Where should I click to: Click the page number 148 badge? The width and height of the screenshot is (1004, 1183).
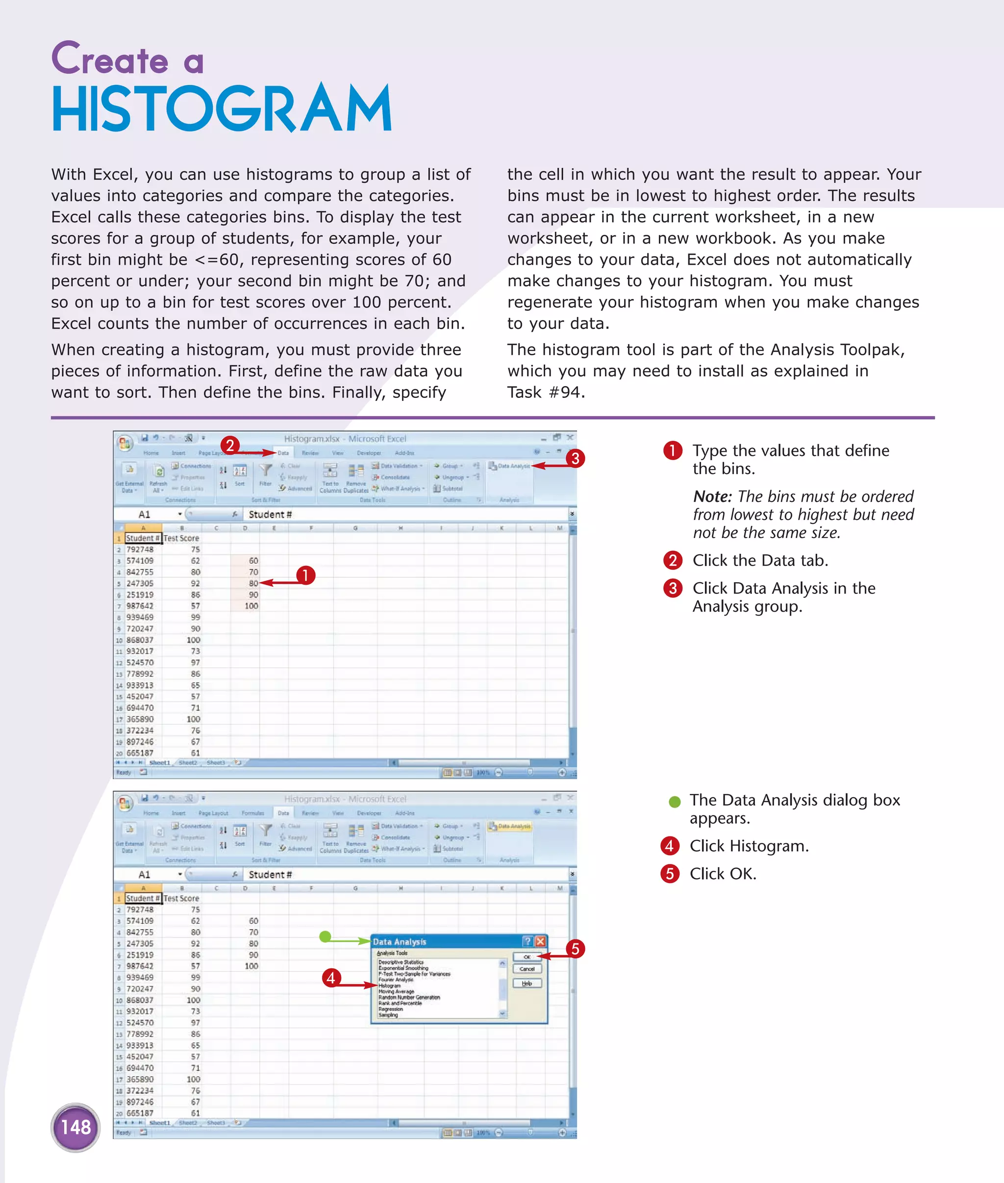[x=75, y=1127]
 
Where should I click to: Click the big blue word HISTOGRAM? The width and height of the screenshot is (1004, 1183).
[x=222, y=109]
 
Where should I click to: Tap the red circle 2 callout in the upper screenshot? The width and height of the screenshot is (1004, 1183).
[x=229, y=445]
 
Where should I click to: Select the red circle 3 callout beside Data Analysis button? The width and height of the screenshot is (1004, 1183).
[x=576, y=458]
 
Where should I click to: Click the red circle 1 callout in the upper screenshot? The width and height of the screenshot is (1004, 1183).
[x=305, y=575]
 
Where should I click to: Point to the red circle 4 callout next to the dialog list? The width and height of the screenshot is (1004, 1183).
[x=331, y=978]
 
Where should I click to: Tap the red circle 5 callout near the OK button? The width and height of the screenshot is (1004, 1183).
[x=575, y=949]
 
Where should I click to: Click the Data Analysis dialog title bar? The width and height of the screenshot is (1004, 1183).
[x=444, y=942]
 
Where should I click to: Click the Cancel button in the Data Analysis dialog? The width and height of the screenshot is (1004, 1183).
[x=527, y=969]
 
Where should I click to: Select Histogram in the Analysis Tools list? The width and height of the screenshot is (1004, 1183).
[x=390, y=986]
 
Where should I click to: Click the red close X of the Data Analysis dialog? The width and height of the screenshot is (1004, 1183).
[x=540, y=941]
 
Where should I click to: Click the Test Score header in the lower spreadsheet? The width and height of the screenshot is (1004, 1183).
[x=181, y=898]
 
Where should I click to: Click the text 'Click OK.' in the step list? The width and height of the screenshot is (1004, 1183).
[x=723, y=873]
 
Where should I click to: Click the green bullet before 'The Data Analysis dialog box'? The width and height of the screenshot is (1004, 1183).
[x=675, y=802]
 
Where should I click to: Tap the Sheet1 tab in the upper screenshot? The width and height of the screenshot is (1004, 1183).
[x=159, y=763]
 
